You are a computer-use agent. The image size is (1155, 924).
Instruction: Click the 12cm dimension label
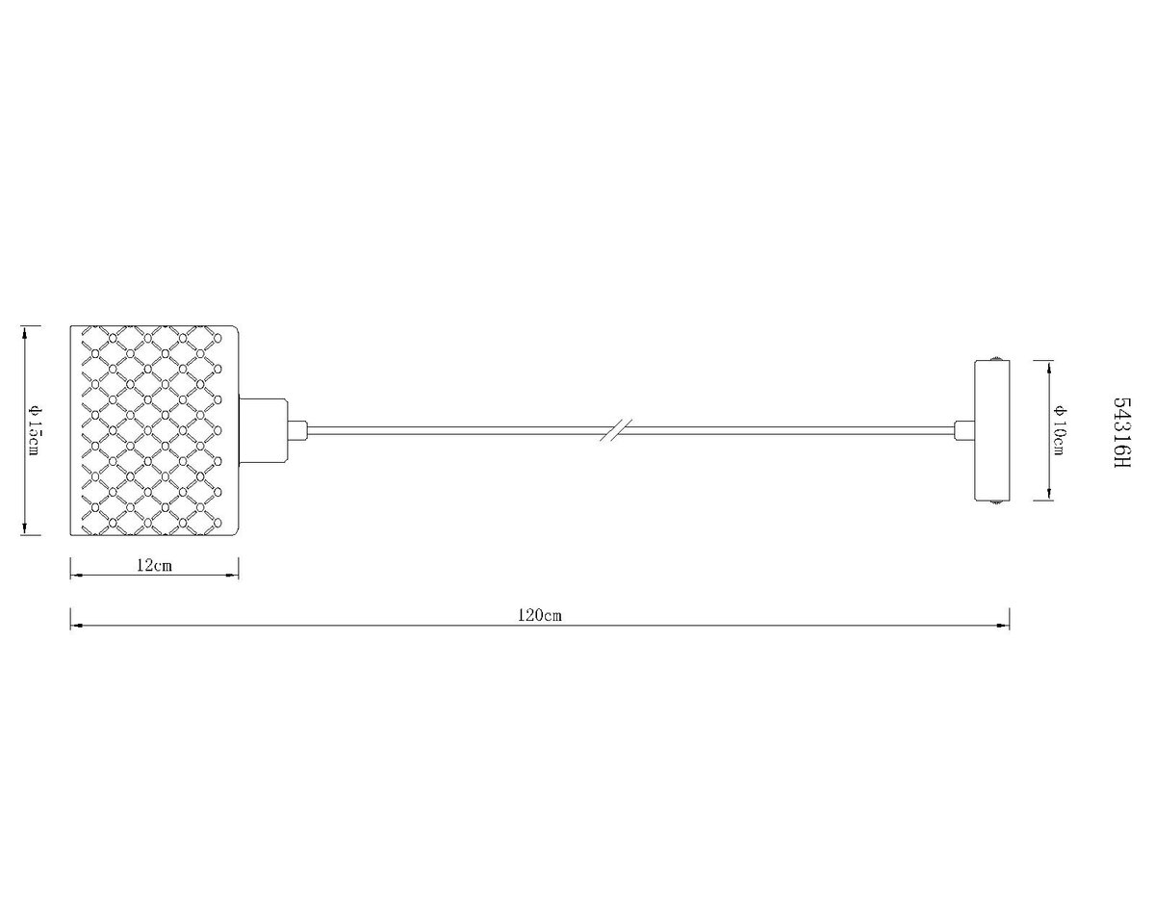coord(155,565)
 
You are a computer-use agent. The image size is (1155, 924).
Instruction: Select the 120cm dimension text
coord(540,615)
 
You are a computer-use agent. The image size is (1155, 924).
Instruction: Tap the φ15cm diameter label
coord(34,430)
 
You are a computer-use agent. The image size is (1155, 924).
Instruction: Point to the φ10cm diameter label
coord(1059,430)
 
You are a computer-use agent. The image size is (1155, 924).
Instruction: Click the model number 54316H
coord(1122,432)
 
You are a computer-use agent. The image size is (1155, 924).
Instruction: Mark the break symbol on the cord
coord(616,430)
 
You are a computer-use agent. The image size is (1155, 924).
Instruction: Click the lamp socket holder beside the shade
coord(263,430)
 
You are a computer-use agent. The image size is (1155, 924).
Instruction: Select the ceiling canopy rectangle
coord(991,430)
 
